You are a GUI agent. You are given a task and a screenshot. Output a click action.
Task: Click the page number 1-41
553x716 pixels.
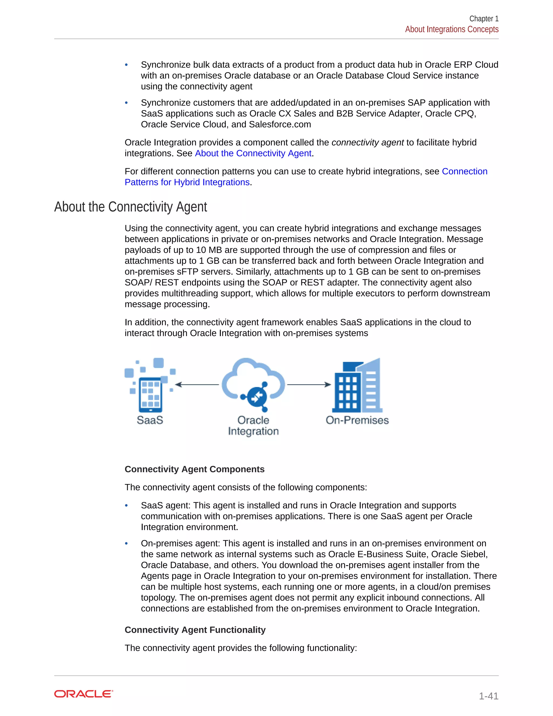pos(488,696)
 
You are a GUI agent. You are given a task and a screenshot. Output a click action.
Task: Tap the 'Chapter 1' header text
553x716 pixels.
pos(484,19)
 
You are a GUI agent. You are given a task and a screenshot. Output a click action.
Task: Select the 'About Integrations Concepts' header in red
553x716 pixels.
pos(451,29)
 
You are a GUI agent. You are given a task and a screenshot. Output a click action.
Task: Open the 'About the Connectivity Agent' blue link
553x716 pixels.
pos(253,153)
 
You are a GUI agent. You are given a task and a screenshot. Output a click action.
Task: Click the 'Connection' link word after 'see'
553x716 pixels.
pos(464,172)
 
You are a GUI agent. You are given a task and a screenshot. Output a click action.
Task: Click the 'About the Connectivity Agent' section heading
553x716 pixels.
pos(130,207)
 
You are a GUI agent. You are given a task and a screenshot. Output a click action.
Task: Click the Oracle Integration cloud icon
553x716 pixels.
pos(253,384)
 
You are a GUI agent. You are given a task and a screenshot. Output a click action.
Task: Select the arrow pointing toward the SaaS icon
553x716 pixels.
pos(197,384)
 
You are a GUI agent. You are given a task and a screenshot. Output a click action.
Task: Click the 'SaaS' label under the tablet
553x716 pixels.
pos(150,420)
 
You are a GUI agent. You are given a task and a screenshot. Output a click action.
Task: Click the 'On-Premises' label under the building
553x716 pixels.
pos(357,420)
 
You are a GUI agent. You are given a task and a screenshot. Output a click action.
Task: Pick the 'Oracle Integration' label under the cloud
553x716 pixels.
pos(253,426)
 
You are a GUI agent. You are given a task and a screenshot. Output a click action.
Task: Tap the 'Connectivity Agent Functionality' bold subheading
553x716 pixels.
pos(195,630)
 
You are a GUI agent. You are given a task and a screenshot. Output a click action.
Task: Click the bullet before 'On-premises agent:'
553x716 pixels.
pos(126,544)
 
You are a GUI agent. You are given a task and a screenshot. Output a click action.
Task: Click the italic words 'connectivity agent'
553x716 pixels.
pos(367,143)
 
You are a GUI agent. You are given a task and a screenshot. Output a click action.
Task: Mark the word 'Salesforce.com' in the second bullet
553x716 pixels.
pos(280,125)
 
